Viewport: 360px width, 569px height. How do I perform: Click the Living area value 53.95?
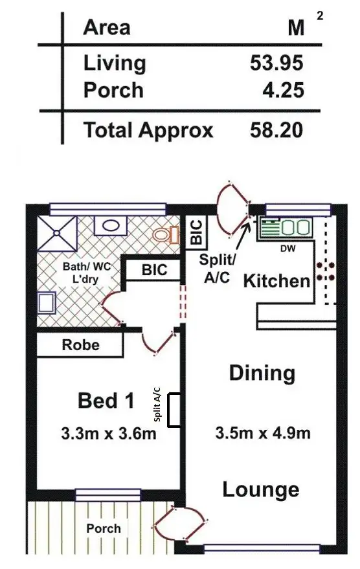coord(276,63)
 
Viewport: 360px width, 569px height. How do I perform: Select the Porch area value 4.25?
coord(282,91)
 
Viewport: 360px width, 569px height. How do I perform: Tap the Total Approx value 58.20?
coord(276,131)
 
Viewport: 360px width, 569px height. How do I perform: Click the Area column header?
coord(107,28)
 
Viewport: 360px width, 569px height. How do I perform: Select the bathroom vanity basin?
coord(112,226)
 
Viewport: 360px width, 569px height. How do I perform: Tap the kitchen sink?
coord(285,228)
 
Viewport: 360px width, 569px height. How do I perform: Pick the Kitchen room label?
coord(276,281)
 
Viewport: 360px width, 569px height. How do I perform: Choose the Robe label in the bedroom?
coord(81,345)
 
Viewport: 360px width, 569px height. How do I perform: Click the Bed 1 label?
coord(106,401)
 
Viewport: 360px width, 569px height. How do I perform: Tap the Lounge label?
coord(261,489)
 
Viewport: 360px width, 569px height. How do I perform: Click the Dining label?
coord(262,374)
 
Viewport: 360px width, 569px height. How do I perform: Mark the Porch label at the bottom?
coord(104,528)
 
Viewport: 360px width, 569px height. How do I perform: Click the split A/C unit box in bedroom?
coord(174,411)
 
